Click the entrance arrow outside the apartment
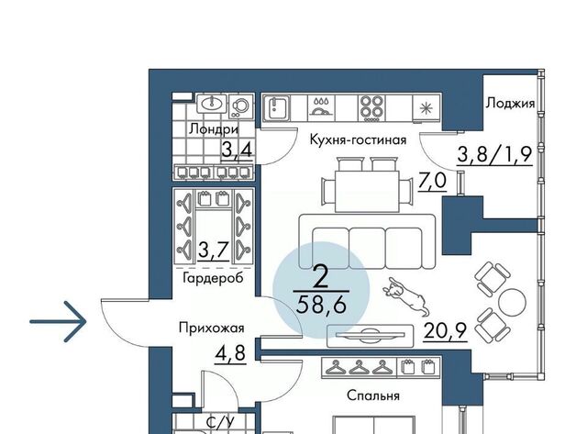click(58, 321)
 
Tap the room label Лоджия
click(510, 103)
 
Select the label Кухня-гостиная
click(358, 139)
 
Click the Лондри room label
click(214, 129)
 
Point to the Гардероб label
click(213, 278)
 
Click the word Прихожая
click(212, 328)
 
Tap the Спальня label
click(373, 395)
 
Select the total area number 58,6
click(321, 306)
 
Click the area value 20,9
click(445, 330)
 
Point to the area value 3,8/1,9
click(494, 153)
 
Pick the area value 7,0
click(432, 181)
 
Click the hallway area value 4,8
click(230, 352)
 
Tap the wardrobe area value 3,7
click(213, 250)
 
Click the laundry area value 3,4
click(237, 150)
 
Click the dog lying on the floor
click(406, 295)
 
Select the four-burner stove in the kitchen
click(371, 107)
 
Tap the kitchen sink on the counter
click(277, 108)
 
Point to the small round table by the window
click(512, 302)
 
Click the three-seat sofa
click(367, 242)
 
